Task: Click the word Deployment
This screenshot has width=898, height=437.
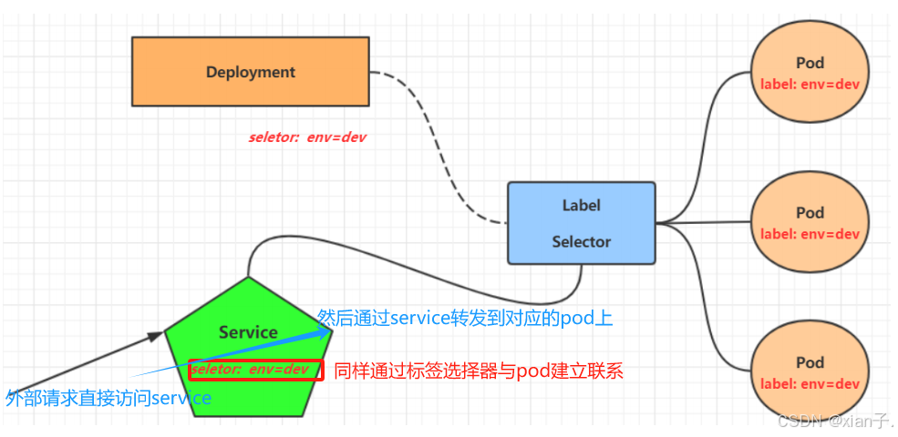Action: coord(250,72)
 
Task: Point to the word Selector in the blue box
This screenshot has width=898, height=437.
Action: coord(581,241)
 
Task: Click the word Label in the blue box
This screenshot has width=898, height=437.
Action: coord(581,205)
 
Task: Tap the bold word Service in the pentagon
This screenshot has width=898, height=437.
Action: coord(248,332)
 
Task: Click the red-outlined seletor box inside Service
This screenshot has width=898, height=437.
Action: coord(256,370)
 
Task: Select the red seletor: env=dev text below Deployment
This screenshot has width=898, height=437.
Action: coord(308,137)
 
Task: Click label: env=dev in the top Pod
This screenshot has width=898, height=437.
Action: coord(810,84)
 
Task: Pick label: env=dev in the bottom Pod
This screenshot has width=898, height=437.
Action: coord(810,383)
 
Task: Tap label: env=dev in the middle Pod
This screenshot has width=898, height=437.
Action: coord(810,234)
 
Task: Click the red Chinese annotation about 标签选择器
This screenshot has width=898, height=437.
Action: coord(479,371)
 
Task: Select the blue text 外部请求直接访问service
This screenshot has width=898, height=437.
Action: coord(108,398)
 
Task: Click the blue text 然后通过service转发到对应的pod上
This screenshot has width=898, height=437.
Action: coord(465,318)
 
